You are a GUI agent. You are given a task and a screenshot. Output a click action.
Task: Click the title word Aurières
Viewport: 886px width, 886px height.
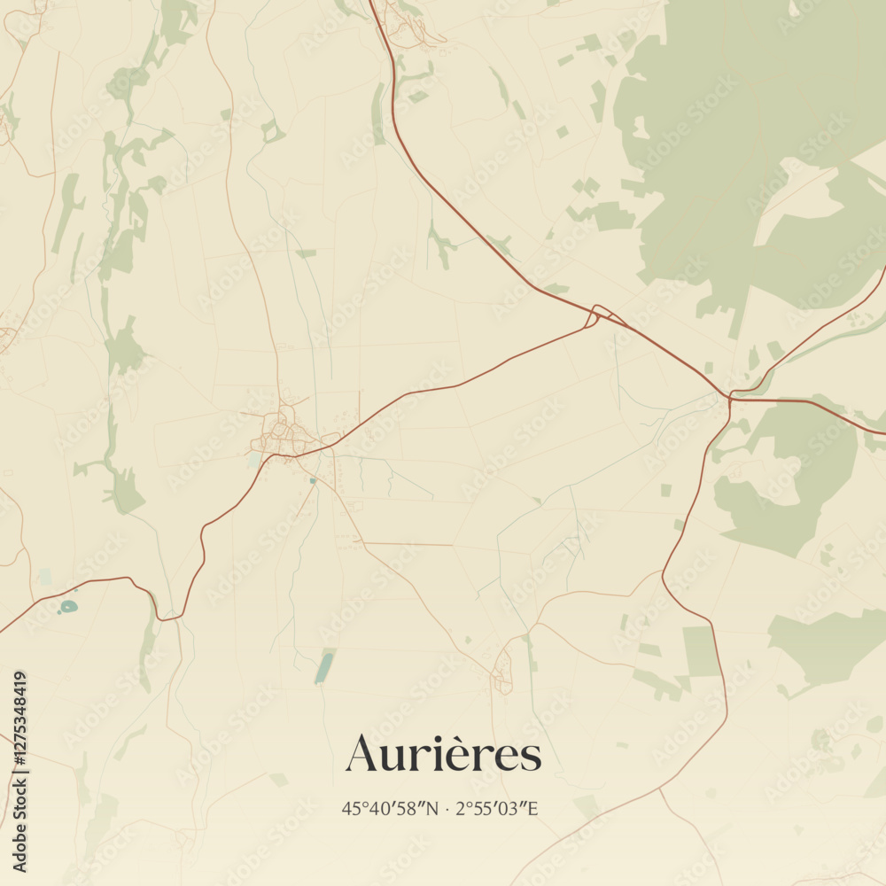[x=443, y=755]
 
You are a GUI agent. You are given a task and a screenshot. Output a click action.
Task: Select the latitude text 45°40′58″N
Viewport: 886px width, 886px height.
[x=390, y=808]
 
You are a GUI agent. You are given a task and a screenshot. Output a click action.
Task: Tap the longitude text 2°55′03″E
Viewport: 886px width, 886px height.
[x=497, y=808]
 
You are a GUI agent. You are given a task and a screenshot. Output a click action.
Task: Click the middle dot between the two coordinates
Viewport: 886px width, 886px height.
[x=447, y=808]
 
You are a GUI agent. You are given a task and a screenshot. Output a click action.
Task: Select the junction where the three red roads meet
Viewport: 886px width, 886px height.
[x=730, y=396]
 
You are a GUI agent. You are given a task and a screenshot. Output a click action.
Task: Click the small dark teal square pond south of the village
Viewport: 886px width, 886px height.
[x=312, y=480]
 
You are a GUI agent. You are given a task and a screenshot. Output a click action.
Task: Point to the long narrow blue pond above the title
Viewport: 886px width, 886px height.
[x=324, y=668]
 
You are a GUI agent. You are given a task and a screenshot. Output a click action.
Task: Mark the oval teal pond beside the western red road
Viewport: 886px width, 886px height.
[x=67, y=607]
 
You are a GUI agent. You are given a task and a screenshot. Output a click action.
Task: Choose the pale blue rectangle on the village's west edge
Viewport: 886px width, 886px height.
[x=255, y=460]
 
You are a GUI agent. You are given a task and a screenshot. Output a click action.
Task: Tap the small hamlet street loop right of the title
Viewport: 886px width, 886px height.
[x=502, y=671]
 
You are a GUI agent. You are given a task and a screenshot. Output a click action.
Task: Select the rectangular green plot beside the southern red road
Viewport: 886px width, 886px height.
[x=700, y=651]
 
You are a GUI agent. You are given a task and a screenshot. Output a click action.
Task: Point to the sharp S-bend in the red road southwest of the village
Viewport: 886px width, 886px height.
[x=203, y=540]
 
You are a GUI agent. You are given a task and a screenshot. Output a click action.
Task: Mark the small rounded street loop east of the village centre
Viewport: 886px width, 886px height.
[x=330, y=439]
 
